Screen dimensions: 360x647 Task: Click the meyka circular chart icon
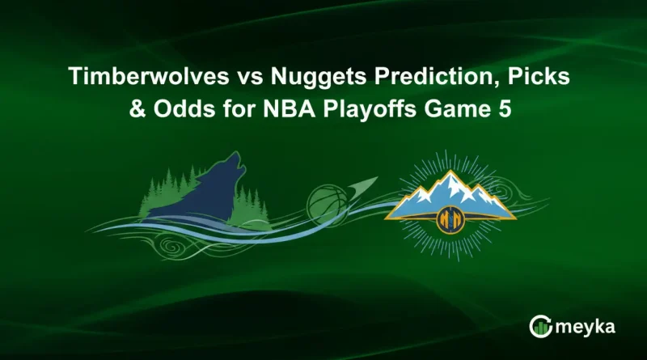pos(540,327)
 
